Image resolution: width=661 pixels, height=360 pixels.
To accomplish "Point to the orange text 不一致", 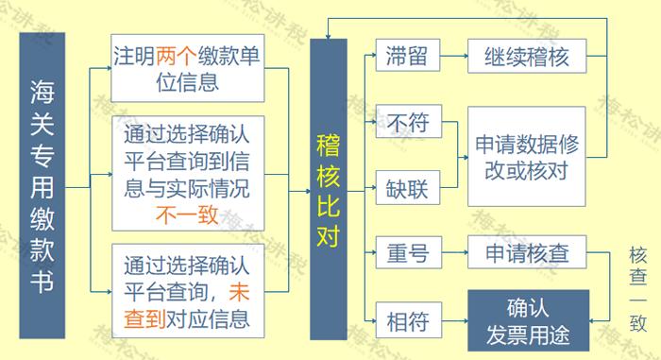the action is coord(186,214).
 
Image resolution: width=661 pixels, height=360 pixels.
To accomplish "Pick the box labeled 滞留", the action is coord(406,57).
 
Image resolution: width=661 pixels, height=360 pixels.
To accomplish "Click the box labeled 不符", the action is coord(407,123).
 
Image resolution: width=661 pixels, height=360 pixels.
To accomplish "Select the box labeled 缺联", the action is coord(407,188).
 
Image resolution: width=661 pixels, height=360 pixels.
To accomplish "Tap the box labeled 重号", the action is coord(407,253).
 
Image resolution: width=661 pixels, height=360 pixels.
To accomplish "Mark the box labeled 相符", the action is coord(407,319).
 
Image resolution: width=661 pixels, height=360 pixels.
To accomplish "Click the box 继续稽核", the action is coord(526,57).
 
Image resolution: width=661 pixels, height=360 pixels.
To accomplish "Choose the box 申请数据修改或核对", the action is coord(526,155).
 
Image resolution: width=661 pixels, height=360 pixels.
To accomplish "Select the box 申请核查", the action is coord(526,253).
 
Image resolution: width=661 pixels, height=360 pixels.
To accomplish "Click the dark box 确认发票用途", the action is coord(528,320).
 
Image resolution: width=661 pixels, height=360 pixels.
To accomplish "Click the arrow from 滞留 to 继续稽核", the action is coord(453,57).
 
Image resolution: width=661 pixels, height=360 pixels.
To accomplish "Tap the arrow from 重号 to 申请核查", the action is coord(453,253).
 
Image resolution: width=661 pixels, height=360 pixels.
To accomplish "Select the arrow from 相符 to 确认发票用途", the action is coord(453,319).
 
